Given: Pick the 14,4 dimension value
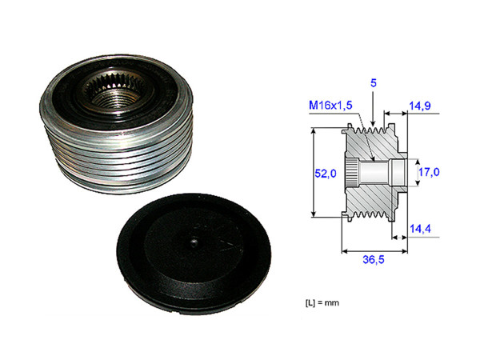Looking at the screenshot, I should point(422,229).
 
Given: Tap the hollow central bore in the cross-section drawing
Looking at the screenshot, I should point(384,171).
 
